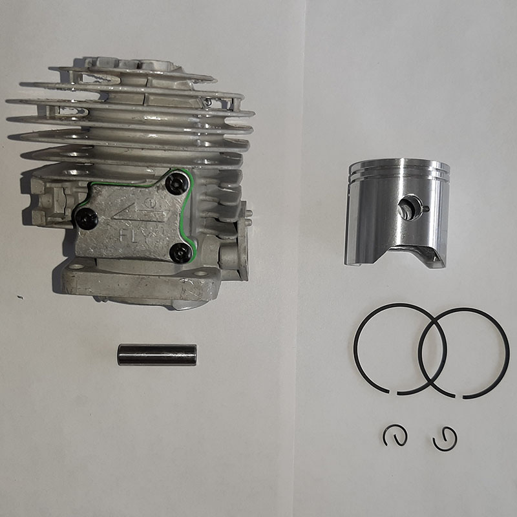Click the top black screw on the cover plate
176,184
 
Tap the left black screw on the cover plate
87,218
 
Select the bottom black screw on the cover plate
181,252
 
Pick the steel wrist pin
157,355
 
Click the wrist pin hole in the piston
408,207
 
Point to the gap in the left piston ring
393,393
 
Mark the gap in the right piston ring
459,396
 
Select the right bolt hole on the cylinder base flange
200,273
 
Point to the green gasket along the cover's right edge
191,215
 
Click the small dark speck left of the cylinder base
21,297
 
